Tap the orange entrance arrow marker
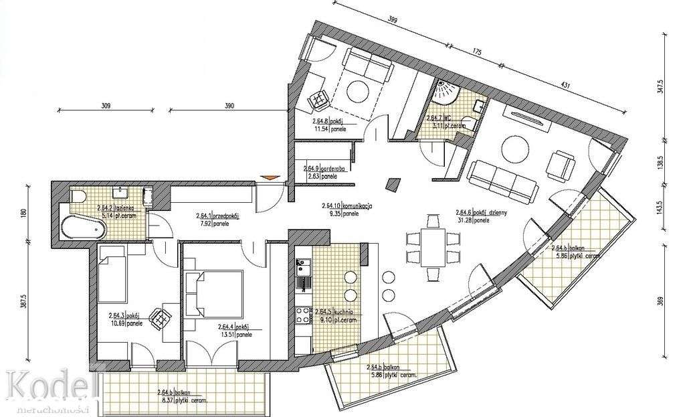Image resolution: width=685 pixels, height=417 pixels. tap(268, 177)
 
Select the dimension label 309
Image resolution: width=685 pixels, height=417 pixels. tap(105, 106)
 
